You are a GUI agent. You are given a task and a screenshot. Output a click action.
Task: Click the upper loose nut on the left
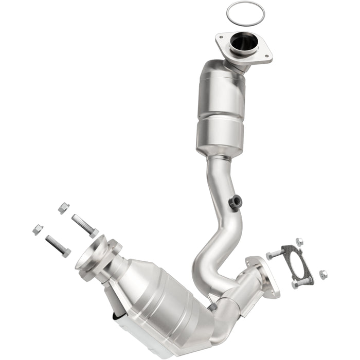click(x=63, y=208)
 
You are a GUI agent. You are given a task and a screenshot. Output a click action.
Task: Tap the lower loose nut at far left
click(x=38, y=229)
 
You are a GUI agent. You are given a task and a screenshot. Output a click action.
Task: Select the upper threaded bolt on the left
click(x=84, y=225)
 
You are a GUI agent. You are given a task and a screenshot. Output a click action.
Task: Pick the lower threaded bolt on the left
click(x=58, y=246)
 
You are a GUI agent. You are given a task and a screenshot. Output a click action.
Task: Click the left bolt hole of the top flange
click(x=222, y=37)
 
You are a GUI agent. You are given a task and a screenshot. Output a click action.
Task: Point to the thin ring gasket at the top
click(x=242, y=12)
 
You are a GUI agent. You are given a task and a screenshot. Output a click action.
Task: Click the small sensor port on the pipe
click(x=235, y=202)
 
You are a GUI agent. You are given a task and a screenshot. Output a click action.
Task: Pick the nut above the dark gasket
click(x=299, y=241)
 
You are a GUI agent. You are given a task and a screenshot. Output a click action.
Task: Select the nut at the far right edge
click(x=322, y=274)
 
